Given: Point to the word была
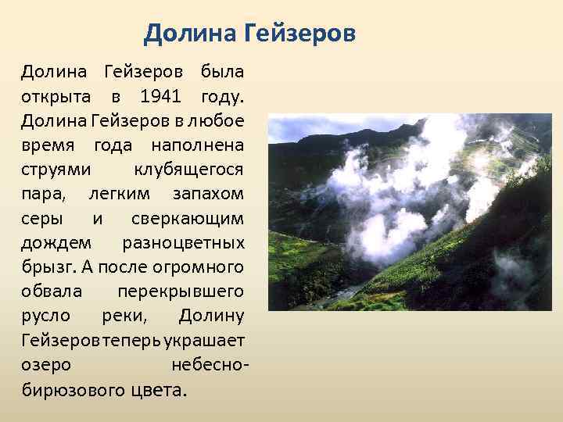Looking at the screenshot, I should [x=222, y=73].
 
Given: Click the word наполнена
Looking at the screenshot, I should [x=199, y=145].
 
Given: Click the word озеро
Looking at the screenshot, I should [x=47, y=363].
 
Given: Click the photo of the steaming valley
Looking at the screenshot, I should [x=410, y=212].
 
